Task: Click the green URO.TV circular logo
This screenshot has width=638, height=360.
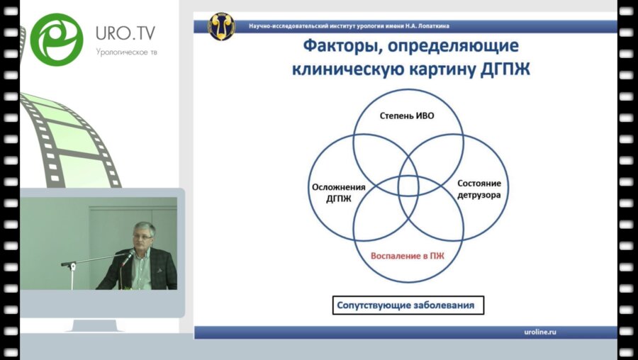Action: pos(57,40)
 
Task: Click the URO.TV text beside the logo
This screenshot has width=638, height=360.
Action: pos(125,33)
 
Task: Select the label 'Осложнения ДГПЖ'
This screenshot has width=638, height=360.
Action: pos(338,193)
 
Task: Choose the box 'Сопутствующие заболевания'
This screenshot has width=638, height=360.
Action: pos(408,306)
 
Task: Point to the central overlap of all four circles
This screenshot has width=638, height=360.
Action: pos(408,186)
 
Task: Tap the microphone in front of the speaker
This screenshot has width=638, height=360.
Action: pos(126,259)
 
